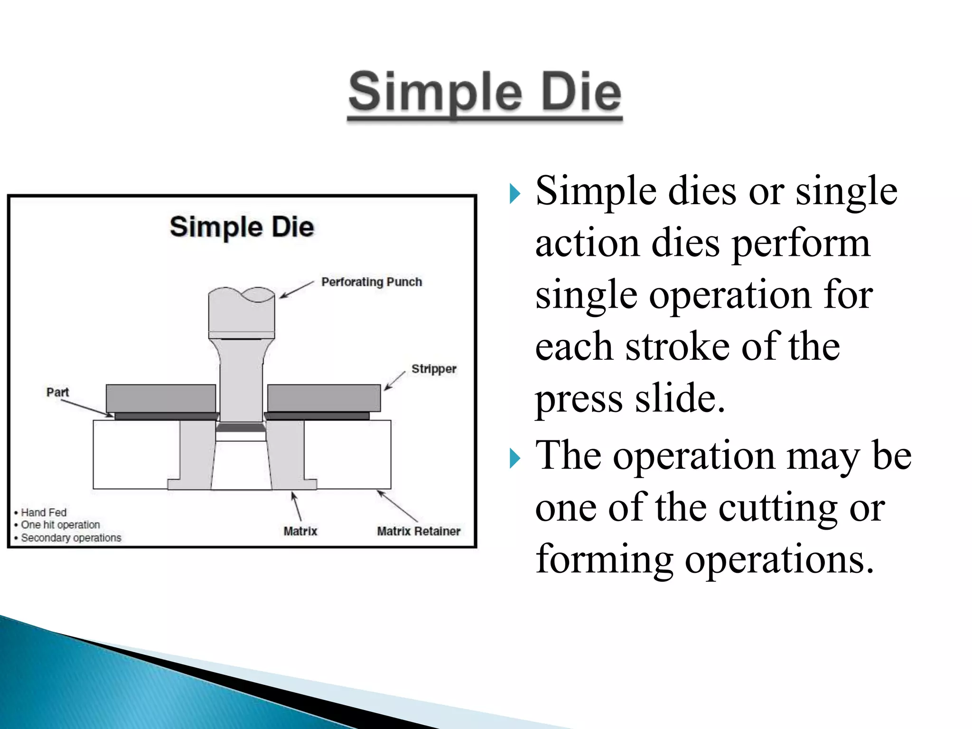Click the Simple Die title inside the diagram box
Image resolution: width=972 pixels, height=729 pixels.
click(x=242, y=227)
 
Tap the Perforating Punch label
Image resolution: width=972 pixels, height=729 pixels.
click(x=372, y=282)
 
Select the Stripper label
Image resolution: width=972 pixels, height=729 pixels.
click(x=434, y=369)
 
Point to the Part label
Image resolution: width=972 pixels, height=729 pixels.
click(x=57, y=392)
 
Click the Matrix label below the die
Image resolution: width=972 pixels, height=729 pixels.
click(x=300, y=531)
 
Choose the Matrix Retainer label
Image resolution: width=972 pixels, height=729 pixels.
click(x=419, y=531)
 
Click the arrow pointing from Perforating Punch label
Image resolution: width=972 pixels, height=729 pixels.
click(x=297, y=290)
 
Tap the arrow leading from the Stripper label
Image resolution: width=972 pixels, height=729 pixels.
click(x=395, y=381)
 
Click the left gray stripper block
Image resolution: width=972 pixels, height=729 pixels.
click(x=160, y=398)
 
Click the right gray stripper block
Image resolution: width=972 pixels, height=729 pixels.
click(x=324, y=398)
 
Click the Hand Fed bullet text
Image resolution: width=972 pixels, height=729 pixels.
click(x=44, y=513)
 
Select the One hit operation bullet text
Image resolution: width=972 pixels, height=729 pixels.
click(x=60, y=525)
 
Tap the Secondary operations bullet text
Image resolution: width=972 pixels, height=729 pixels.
click(x=71, y=538)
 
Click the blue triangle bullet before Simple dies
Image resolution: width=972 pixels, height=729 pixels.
click(x=515, y=194)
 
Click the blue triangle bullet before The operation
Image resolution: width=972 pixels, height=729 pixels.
click(x=515, y=458)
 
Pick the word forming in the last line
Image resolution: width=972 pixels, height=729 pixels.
click(x=604, y=559)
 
